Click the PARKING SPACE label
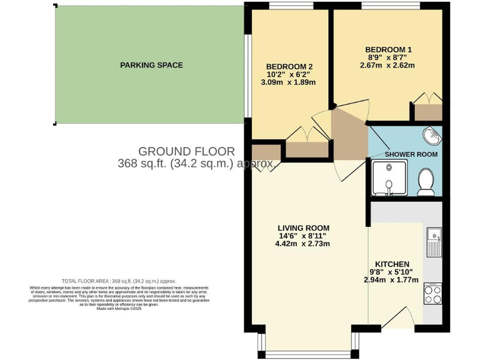(x=151, y=65)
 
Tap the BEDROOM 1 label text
(x=388, y=49)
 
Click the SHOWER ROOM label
(x=411, y=154)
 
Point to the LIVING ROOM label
(x=304, y=227)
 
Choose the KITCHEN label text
(x=392, y=264)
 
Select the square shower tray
(x=389, y=178)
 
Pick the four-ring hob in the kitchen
(x=432, y=294)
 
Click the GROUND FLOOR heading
(x=186, y=151)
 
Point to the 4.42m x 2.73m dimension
(x=304, y=244)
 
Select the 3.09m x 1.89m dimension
(x=289, y=82)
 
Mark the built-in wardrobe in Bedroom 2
(x=307, y=149)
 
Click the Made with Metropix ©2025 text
(x=119, y=308)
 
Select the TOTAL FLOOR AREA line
(x=119, y=281)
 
